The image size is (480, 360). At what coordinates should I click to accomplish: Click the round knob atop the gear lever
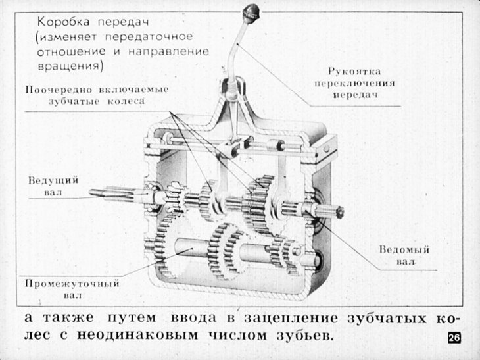[x=251, y=13]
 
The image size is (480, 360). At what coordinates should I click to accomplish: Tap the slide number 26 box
[x=454, y=338]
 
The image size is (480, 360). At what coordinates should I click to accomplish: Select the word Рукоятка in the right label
[x=354, y=71]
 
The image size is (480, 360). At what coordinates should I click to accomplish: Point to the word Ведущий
[x=53, y=180]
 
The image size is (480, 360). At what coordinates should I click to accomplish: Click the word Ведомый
[x=404, y=249]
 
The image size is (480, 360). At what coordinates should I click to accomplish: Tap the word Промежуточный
[x=72, y=284]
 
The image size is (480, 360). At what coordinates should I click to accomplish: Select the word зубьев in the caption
[x=305, y=335]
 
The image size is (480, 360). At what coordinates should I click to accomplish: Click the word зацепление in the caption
[x=291, y=318]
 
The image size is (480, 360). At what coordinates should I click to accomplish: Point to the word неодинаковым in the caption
[x=137, y=335]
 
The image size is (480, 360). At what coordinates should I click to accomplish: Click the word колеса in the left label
[x=126, y=101]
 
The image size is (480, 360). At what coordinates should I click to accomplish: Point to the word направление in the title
[x=168, y=51]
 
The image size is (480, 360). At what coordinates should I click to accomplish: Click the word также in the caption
[x=68, y=318]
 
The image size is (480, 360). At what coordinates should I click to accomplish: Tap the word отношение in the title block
[x=71, y=51]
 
